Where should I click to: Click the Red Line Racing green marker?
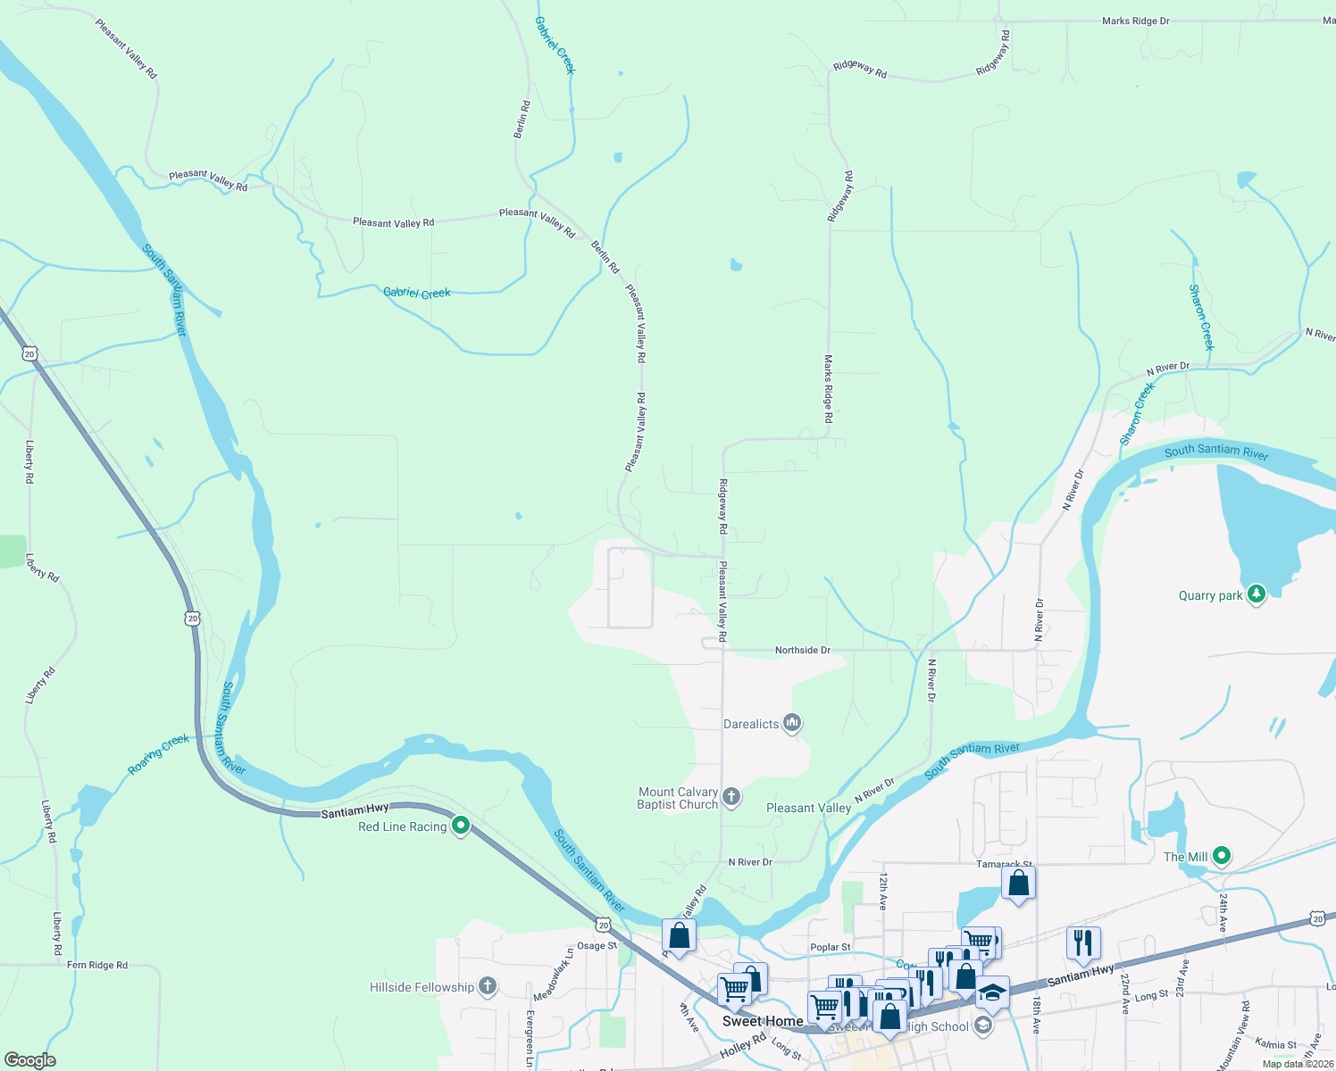point(461,826)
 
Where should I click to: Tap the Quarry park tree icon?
point(1257,594)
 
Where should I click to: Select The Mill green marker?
point(1222,857)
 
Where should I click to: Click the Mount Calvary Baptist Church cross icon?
point(731,797)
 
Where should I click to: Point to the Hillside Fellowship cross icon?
point(487,986)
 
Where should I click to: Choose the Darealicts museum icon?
point(791,723)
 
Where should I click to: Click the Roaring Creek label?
point(159,753)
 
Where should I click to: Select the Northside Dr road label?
point(802,651)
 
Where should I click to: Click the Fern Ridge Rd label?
point(97,965)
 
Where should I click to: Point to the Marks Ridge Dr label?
point(1135,21)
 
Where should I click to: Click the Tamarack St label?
point(1004,865)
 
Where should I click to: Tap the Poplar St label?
point(831,947)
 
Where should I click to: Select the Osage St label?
point(597,946)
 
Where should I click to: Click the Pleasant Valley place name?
point(808,808)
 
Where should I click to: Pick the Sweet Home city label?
point(762,1021)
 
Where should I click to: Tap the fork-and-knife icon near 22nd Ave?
point(1082,942)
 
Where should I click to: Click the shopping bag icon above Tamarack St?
point(1018,884)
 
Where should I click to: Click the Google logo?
point(30,1059)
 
